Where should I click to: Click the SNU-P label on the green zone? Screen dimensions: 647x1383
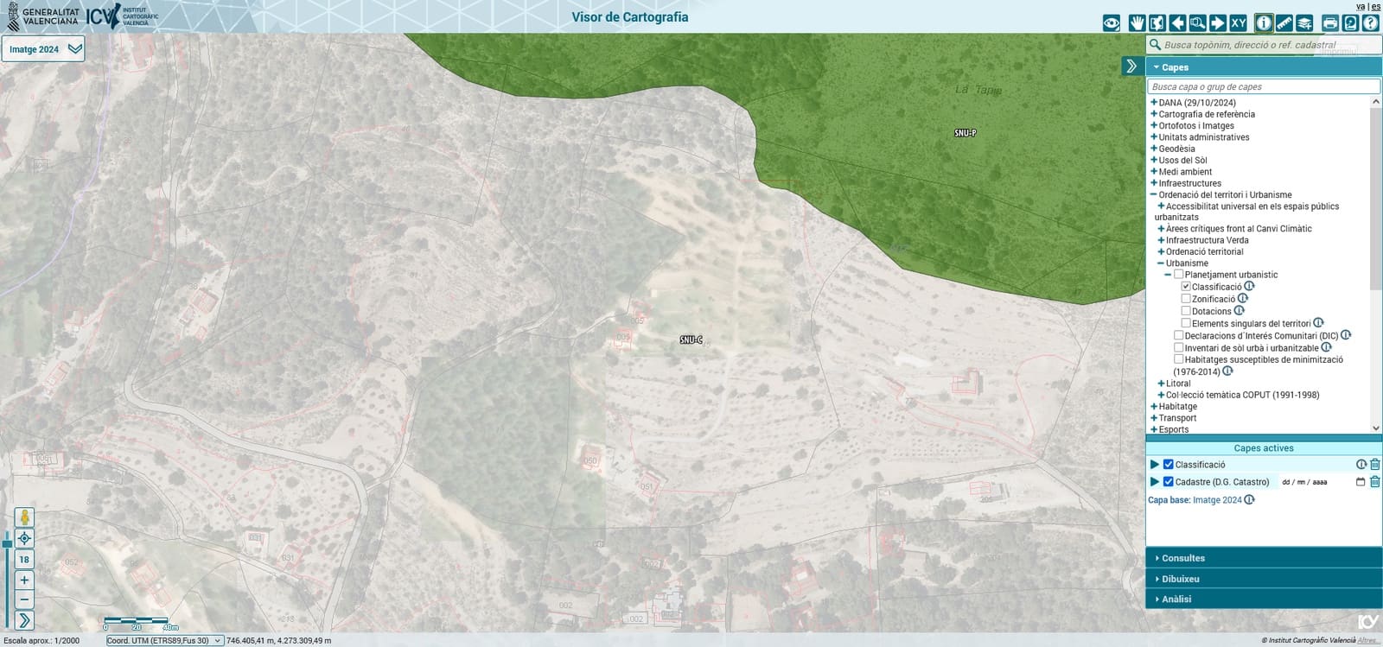965,133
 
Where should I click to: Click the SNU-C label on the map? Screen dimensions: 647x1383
691,340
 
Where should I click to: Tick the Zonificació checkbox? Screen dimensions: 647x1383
1186,299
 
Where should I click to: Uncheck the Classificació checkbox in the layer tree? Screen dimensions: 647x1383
1186,287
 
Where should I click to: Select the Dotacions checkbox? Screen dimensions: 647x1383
1186,311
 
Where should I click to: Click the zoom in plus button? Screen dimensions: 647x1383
24,580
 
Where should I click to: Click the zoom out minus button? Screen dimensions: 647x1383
24,599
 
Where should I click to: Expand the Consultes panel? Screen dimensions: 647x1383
1182,558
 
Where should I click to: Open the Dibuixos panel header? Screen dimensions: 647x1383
1180,579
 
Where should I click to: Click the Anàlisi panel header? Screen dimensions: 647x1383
1176,599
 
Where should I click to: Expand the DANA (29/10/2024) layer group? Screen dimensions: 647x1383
1154,103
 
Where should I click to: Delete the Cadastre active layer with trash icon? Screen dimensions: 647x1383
1374,482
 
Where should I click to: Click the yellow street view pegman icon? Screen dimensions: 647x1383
24,517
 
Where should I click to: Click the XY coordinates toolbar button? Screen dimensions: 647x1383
1238,23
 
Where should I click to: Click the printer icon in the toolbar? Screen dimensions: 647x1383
1330,23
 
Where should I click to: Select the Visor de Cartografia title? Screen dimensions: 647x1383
629,17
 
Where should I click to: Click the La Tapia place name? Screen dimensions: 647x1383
978,90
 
